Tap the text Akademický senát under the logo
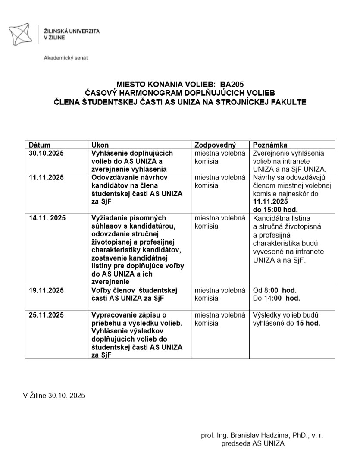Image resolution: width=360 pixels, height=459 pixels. (x=66, y=58)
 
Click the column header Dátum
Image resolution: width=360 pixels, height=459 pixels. (x=39, y=145)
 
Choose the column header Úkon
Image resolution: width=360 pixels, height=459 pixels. (x=100, y=145)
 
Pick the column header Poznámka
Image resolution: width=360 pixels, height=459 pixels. (x=270, y=145)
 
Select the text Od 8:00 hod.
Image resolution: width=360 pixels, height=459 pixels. (x=275, y=290)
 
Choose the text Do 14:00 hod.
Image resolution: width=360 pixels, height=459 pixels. (x=276, y=298)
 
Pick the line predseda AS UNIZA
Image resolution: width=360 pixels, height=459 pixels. (x=253, y=443)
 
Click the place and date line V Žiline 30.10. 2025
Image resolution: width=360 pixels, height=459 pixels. (x=54, y=395)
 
